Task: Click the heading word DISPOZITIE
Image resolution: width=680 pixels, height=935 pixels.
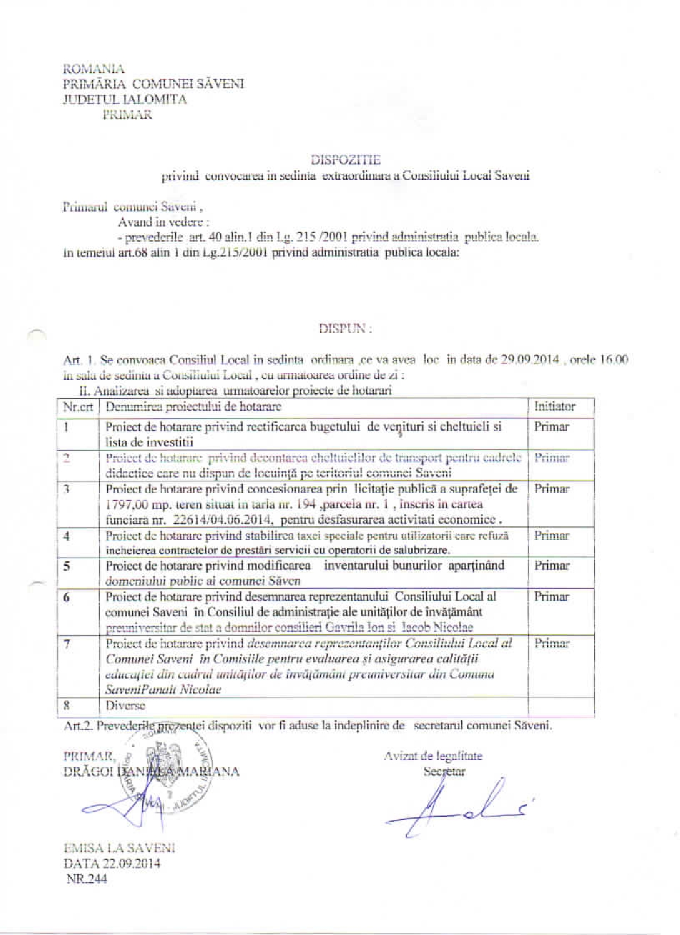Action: click(346, 160)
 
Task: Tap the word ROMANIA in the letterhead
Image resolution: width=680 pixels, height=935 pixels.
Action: click(94, 69)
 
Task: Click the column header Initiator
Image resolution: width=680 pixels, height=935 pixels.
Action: click(554, 406)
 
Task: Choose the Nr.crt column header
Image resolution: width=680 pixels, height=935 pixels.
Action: click(78, 406)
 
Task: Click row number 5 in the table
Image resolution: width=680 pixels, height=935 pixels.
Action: click(67, 566)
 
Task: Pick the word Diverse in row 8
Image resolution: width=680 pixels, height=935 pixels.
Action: click(125, 706)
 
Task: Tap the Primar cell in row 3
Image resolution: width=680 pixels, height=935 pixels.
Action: click(552, 489)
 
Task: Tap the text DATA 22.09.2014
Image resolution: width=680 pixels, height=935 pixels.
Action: click(112, 863)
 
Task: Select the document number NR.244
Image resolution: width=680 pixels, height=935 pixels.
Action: click(87, 879)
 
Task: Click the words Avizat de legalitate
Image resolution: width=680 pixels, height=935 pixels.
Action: click(433, 756)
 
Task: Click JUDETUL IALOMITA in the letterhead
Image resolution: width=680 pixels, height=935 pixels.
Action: click(125, 100)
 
